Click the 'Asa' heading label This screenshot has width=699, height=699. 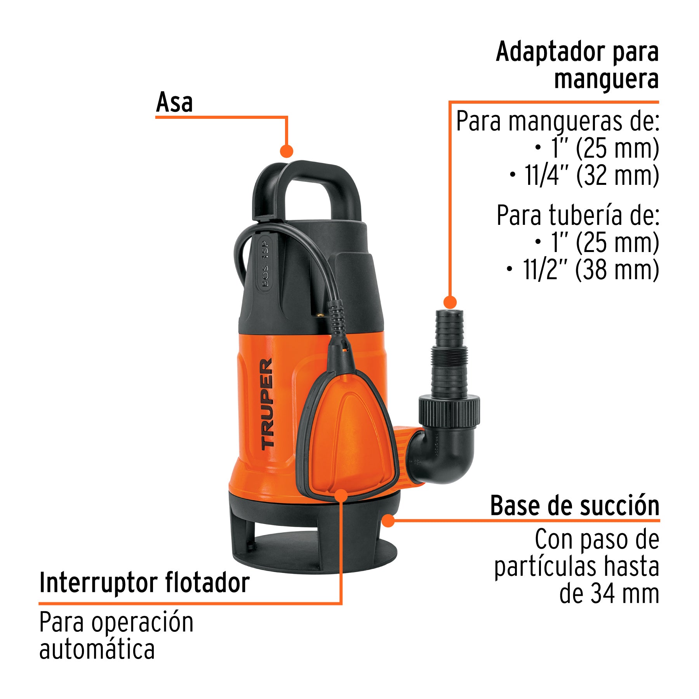tap(174, 103)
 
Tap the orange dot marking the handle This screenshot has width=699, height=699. tap(287, 151)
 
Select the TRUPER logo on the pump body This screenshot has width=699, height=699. tap(267, 404)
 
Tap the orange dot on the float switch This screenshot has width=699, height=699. tap(341, 496)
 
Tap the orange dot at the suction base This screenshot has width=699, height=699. tap(388, 520)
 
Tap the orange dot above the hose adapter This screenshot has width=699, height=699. tap(450, 302)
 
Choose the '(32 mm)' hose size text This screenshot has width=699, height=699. tap(617, 176)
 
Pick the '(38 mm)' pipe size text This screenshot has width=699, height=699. tap(617, 270)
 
